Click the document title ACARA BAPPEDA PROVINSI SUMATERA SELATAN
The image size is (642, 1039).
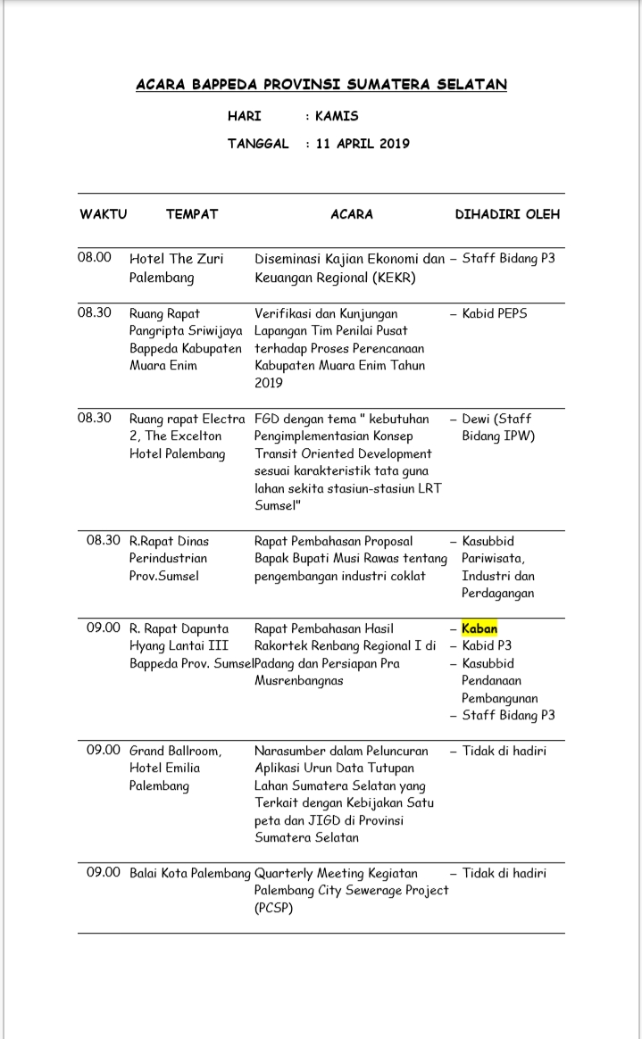(321, 85)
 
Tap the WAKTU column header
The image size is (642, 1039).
(103, 214)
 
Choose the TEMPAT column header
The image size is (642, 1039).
(191, 214)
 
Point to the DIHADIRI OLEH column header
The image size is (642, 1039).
(507, 214)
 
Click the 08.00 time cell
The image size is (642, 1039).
(95, 257)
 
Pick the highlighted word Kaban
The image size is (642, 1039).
(479, 628)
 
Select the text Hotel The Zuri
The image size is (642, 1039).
(176, 259)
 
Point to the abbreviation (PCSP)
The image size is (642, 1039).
(274, 908)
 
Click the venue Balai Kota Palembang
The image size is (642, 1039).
(189, 873)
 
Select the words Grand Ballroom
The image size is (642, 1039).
(175, 751)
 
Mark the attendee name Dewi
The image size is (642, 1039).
(479, 419)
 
